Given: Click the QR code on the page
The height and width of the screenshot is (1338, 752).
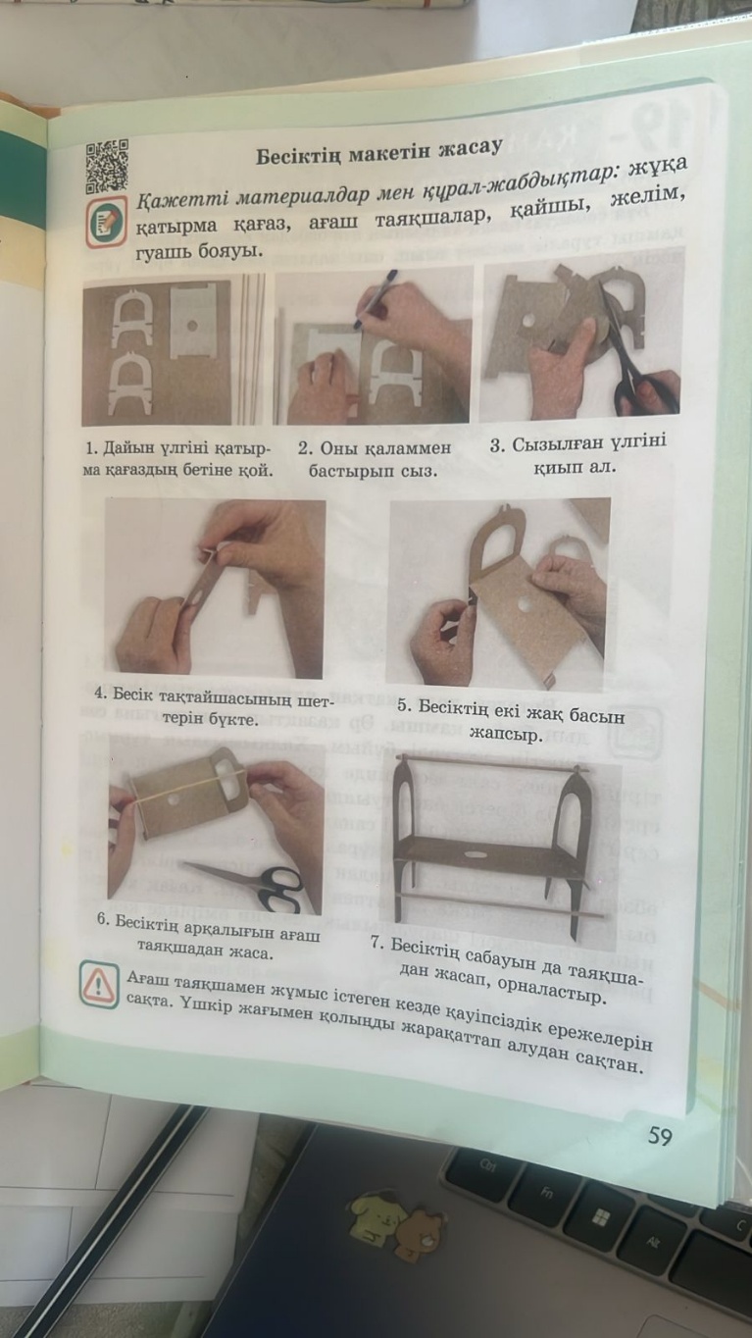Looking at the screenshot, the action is click(107, 166).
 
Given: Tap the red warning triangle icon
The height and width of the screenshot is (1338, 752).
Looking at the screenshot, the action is click(98, 985).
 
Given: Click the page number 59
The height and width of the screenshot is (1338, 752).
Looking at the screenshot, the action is click(660, 1136).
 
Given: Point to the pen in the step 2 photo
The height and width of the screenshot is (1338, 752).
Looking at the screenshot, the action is click(375, 299).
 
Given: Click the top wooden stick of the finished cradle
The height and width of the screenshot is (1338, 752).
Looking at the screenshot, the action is click(493, 763).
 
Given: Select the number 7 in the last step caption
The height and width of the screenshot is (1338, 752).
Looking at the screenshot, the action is click(376, 943).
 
